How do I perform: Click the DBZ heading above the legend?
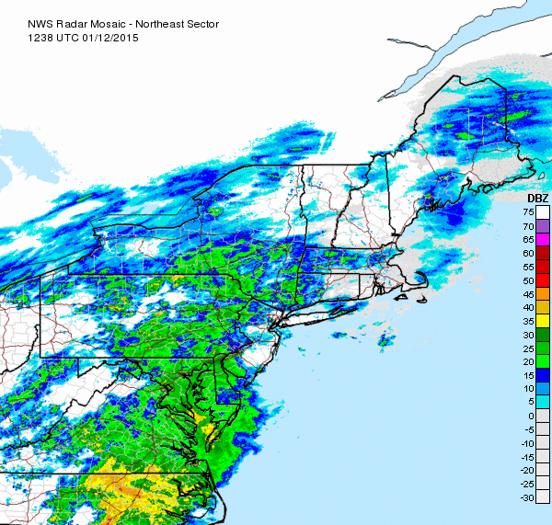point(538,199)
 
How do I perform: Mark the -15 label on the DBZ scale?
point(527,457)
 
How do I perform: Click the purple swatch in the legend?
point(543,225)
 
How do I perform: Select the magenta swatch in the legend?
point(543,239)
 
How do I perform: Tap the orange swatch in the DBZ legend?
point(543,293)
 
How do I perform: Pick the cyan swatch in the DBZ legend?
point(543,402)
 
